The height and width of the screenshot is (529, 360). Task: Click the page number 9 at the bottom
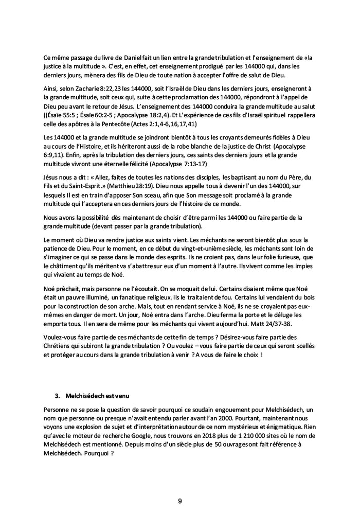pyautogui.click(x=180, y=501)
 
